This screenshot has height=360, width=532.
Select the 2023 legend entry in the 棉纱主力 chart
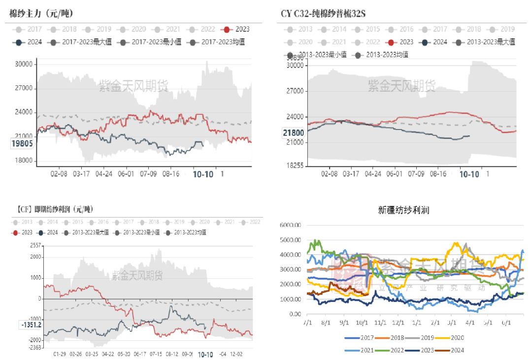[x=236, y=30]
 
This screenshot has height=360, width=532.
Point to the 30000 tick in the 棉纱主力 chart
[x=24, y=64]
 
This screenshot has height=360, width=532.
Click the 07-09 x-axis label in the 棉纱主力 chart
[x=149, y=174]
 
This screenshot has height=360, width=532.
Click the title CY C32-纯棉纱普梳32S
[x=324, y=13]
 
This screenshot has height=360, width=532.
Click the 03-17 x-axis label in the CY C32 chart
[x=351, y=174]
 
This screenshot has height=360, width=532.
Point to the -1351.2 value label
[x=32, y=325]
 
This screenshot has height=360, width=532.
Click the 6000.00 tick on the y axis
[x=290, y=225]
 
